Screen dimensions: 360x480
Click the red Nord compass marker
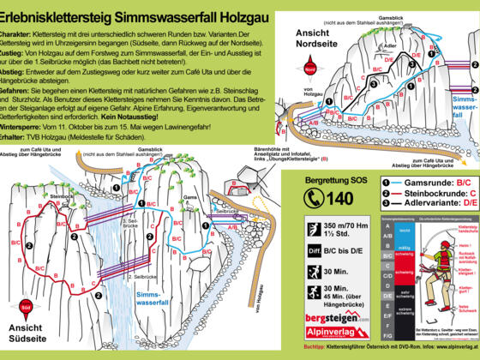point(311,66)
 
